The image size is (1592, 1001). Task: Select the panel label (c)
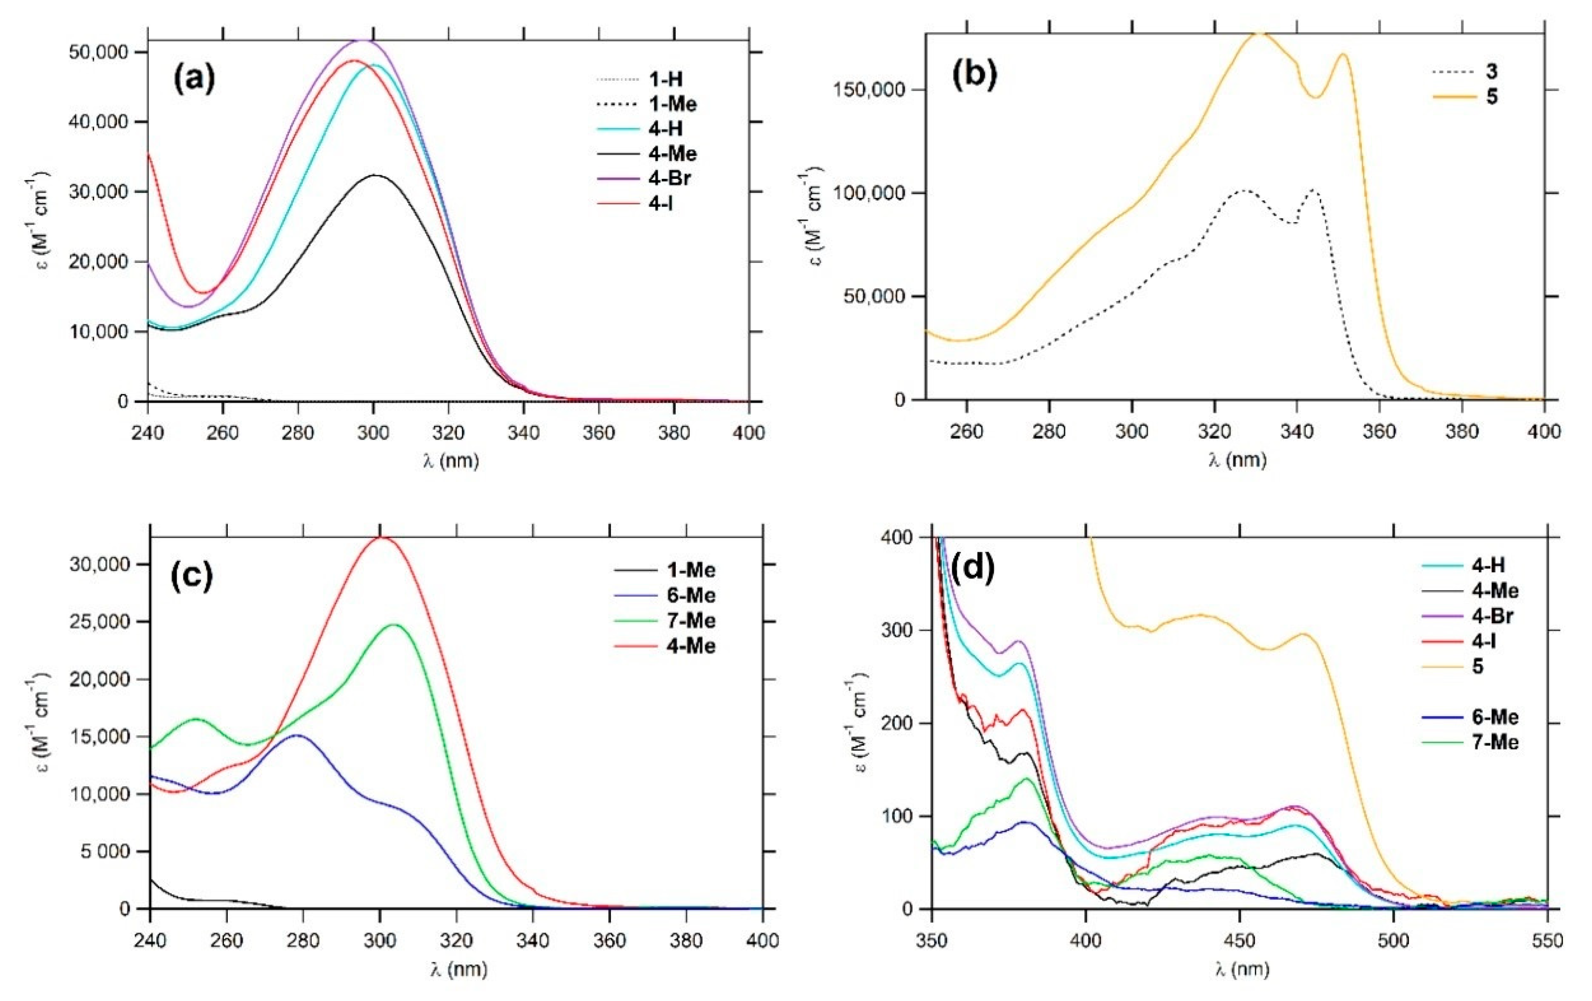tap(192, 576)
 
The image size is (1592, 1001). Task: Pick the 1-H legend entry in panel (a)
tap(665, 79)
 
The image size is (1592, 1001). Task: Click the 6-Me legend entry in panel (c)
tap(691, 596)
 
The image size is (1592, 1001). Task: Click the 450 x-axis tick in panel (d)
tap(1240, 939)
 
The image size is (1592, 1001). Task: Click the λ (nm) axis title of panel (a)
tap(450, 460)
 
